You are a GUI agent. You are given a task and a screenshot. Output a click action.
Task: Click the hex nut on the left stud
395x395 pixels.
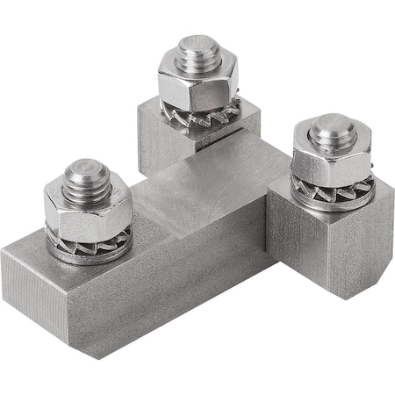[88, 206]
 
